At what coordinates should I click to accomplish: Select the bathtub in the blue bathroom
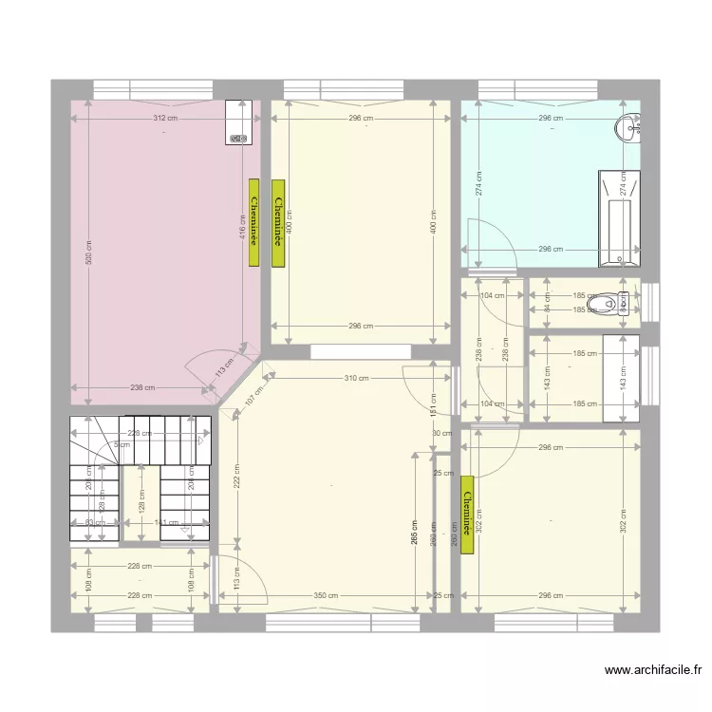tap(619, 218)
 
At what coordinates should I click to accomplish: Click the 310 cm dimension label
tap(356, 379)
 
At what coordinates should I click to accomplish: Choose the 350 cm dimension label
tap(327, 595)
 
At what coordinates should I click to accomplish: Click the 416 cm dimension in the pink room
tap(242, 226)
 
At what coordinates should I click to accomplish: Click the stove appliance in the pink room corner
tap(239, 123)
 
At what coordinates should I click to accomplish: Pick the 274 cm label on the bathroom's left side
tap(479, 183)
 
